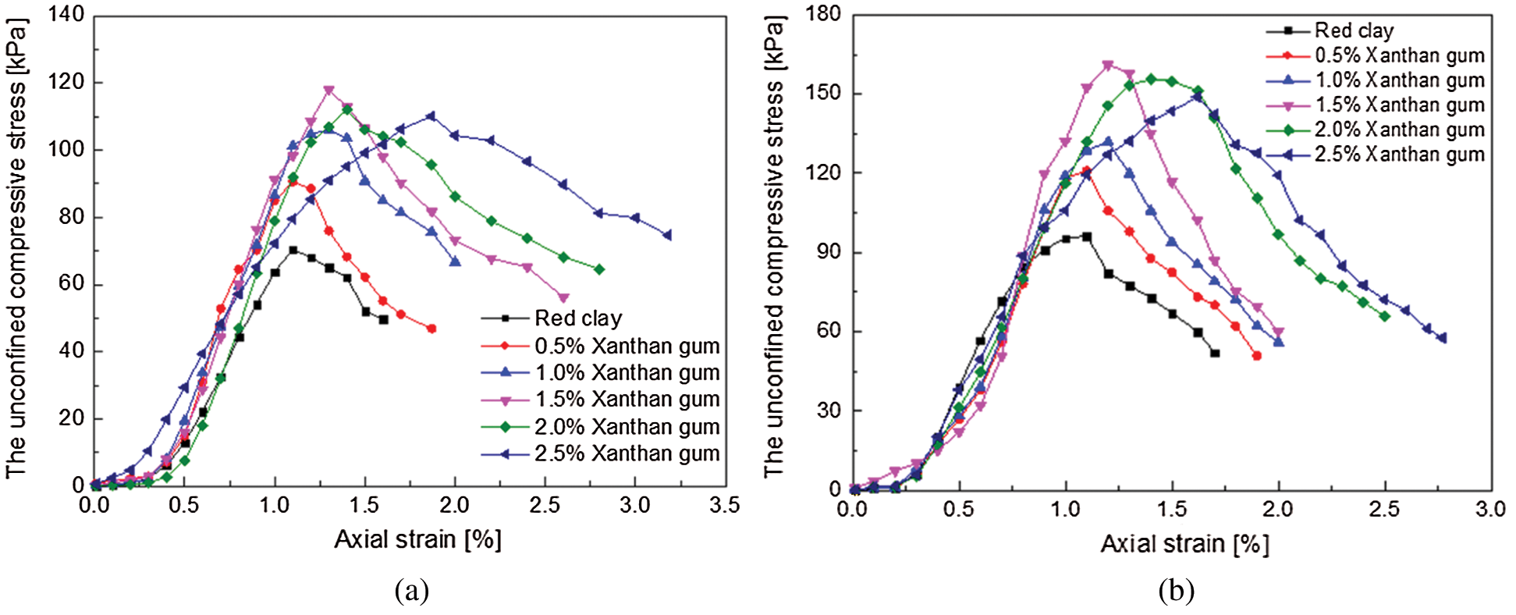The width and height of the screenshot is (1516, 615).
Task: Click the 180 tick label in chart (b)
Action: [x=825, y=14]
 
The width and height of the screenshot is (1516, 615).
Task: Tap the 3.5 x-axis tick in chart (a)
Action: [x=724, y=506]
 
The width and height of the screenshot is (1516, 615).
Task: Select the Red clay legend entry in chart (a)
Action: [x=578, y=318]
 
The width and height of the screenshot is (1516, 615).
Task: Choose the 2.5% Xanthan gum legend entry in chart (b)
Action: [x=1399, y=155]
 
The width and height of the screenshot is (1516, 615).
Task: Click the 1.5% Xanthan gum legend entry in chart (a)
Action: [x=627, y=400]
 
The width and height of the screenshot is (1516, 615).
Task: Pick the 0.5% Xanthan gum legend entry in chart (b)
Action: [x=1399, y=55]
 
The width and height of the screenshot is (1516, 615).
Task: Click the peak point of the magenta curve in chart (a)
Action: [x=328, y=91]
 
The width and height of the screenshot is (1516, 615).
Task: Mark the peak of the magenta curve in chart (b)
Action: [x=1108, y=66]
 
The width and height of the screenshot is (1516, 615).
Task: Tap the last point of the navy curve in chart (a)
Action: [x=667, y=235]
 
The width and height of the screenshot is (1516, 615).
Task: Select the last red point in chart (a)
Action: [x=431, y=329]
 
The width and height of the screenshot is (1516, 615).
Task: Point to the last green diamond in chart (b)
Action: [x=1385, y=316]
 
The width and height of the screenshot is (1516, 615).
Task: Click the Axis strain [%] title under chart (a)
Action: [x=417, y=539]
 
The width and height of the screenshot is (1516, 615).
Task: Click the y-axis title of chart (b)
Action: [x=774, y=246]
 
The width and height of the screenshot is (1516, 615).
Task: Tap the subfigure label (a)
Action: [x=412, y=591]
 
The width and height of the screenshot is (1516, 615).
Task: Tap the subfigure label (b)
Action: [x=1176, y=591]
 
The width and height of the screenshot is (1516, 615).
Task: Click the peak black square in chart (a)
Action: [x=293, y=251]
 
